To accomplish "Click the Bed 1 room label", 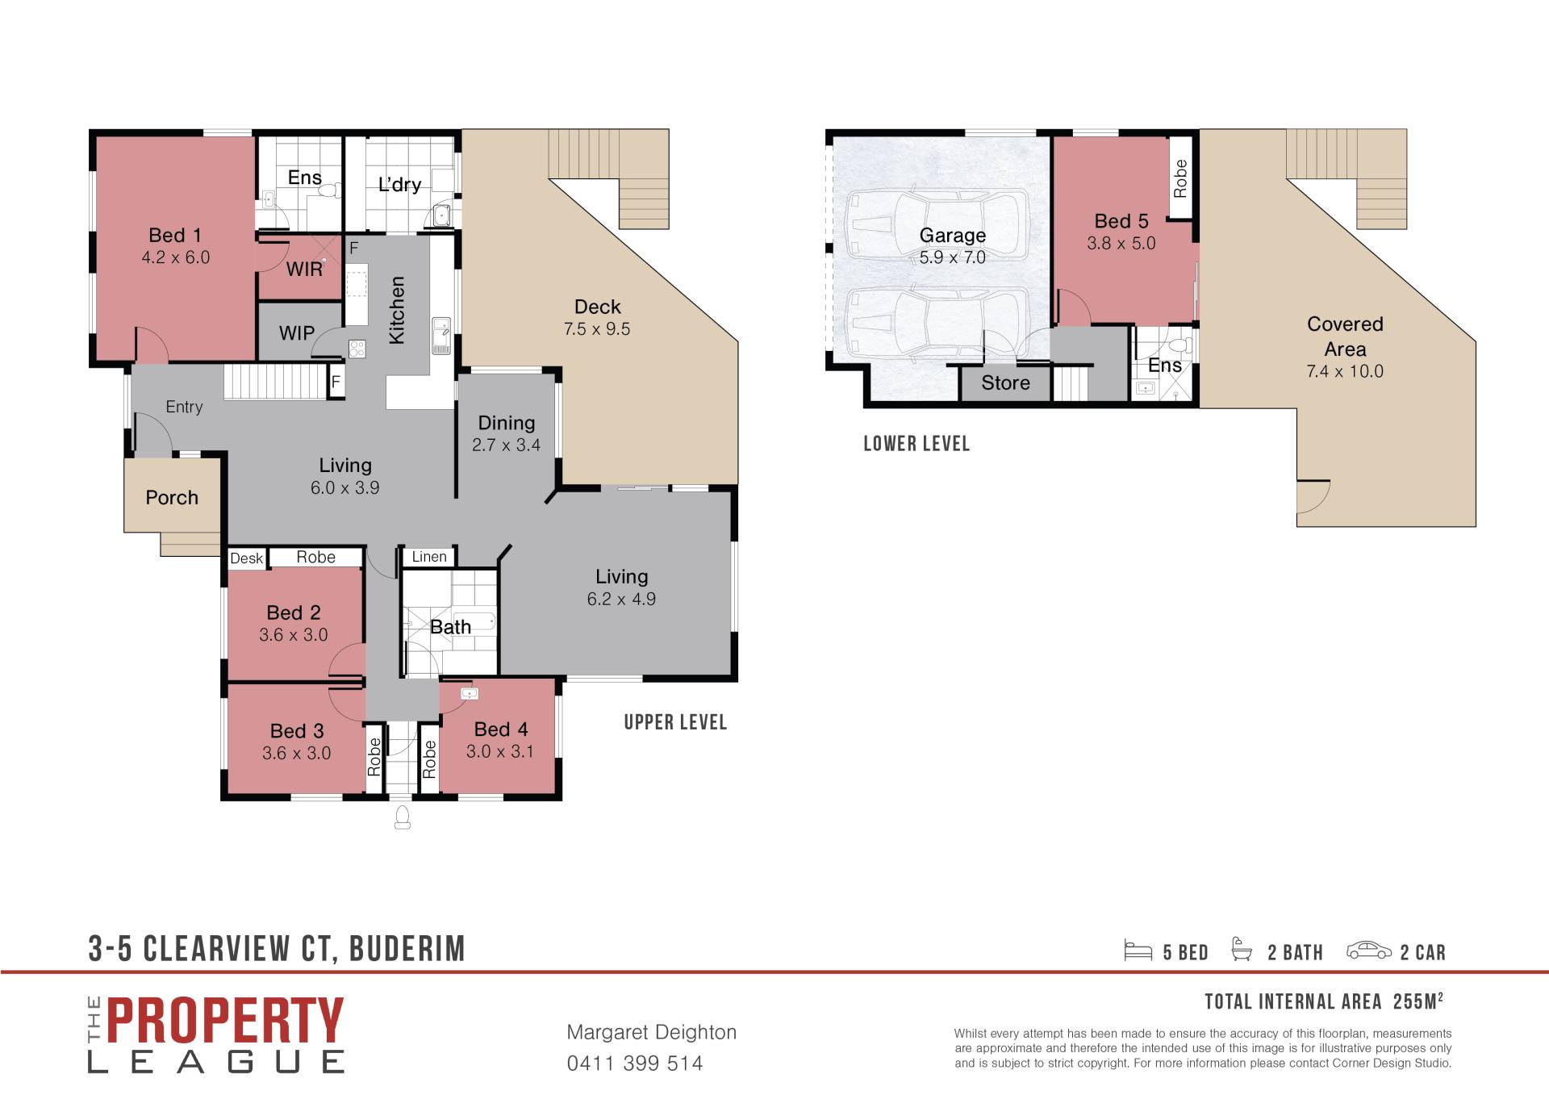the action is [175, 236].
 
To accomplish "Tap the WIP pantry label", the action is [297, 332].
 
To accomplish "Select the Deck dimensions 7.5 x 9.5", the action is [597, 329].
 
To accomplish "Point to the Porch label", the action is [172, 498].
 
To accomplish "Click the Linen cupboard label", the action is [429, 557].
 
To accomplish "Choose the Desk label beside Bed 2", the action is [246, 558].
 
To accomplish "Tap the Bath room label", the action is [450, 627].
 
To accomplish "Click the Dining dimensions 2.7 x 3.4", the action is [506, 445].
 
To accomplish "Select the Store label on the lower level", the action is [1005, 383].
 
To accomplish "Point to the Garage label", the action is [953, 236].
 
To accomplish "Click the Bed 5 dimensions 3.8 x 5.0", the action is [1121, 244].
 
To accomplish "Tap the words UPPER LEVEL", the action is [675, 722].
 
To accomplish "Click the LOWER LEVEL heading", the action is [916, 444].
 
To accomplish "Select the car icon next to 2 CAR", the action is [1369, 951].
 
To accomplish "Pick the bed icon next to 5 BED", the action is [1138, 951].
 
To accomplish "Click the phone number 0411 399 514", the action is [635, 1064].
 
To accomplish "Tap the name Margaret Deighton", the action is [652, 1033].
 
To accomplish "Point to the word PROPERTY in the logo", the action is [225, 1021].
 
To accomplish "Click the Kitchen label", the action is [397, 311].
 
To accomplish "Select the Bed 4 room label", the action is [501, 729].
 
